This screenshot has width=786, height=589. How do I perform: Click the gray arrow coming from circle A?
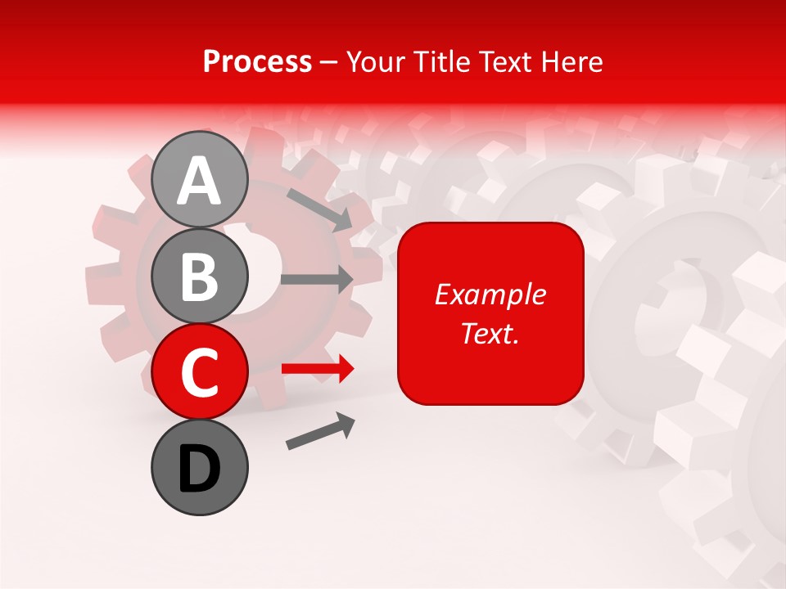(319, 209)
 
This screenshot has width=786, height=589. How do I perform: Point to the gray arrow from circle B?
(317, 279)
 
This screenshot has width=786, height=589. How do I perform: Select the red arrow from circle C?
(318, 369)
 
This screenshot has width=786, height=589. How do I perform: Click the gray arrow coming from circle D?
(320, 431)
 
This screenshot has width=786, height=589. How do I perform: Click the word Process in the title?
(257, 62)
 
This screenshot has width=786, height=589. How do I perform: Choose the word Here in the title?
(571, 62)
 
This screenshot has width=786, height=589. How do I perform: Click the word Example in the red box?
(490, 294)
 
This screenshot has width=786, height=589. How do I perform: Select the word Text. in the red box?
(490, 333)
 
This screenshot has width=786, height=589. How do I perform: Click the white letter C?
(200, 373)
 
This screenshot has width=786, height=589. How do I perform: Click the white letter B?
(200, 277)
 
